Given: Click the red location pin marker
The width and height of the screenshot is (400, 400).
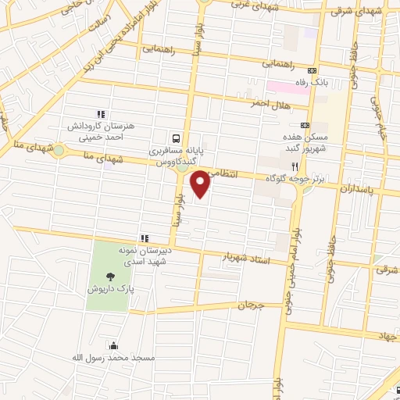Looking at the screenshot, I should [x=202, y=184].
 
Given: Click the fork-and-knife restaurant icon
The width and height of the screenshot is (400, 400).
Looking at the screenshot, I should [x=295, y=166].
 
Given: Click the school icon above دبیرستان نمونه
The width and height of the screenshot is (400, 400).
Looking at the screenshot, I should [x=144, y=237].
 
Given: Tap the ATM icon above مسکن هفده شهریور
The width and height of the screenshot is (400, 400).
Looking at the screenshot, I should [x=305, y=125].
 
